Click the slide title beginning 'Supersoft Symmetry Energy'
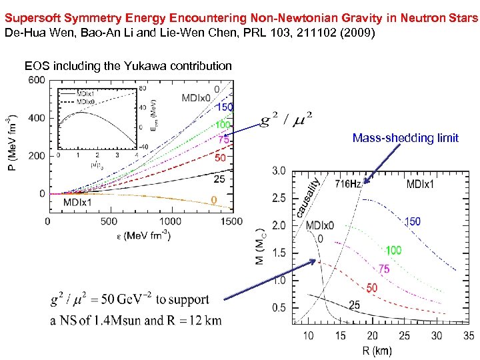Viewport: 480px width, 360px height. coord(239,19)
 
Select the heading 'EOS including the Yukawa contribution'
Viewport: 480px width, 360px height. coord(128,65)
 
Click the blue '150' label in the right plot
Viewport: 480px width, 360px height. coord(413,221)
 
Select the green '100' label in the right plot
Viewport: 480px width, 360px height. coord(393,251)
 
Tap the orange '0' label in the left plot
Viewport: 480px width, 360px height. coord(213,200)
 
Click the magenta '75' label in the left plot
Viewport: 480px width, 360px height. coord(222,140)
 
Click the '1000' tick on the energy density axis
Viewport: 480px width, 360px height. coord(170,221)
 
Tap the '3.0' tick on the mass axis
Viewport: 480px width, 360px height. coord(279,171)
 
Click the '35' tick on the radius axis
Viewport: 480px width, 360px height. coord(469,337)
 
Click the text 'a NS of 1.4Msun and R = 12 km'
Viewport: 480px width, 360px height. coord(136,320)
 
